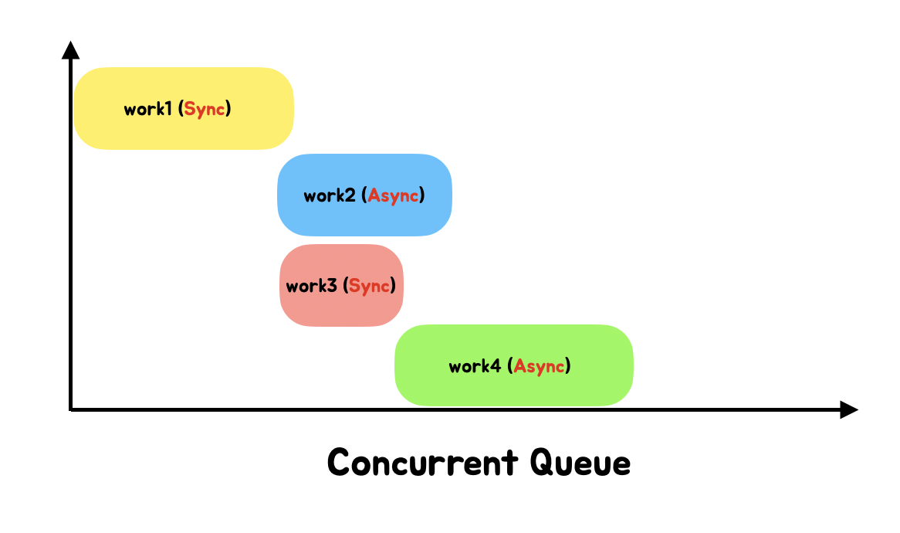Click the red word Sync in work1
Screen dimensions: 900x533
(x=205, y=109)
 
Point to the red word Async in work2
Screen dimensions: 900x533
(x=394, y=195)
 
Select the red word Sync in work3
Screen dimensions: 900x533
(x=370, y=286)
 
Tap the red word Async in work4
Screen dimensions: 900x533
(x=540, y=365)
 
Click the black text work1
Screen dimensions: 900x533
(x=147, y=109)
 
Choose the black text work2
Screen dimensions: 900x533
(x=329, y=195)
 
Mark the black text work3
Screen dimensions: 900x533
(x=311, y=286)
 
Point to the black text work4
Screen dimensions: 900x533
(x=475, y=365)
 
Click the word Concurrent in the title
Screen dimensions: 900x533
(x=423, y=463)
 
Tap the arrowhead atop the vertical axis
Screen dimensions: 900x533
(x=70, y=49)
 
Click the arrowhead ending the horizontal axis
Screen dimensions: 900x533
(x=849, y=409)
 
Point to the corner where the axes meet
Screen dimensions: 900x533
(x=71, y=409)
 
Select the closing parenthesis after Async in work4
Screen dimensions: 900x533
(x=568, y=365)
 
